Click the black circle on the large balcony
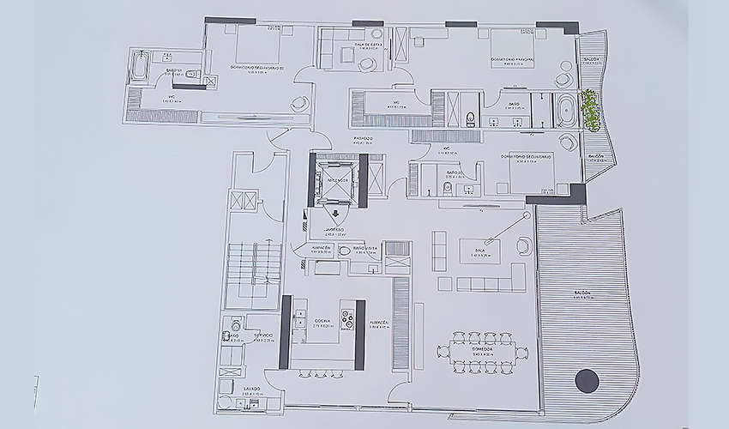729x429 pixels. (x=587, y=379)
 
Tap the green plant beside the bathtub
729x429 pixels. (x=590, y=110)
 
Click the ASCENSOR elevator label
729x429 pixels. (x=336, y=180)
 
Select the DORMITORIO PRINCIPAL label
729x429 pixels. (x=512, y=59)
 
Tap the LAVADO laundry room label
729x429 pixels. (x=229, y=389)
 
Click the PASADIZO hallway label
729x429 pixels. (x=364, y=138)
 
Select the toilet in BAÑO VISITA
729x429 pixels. (x=345, y=251)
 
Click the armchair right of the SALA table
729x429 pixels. (x=523, y=246)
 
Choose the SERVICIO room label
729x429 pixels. (x=263, y=335)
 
